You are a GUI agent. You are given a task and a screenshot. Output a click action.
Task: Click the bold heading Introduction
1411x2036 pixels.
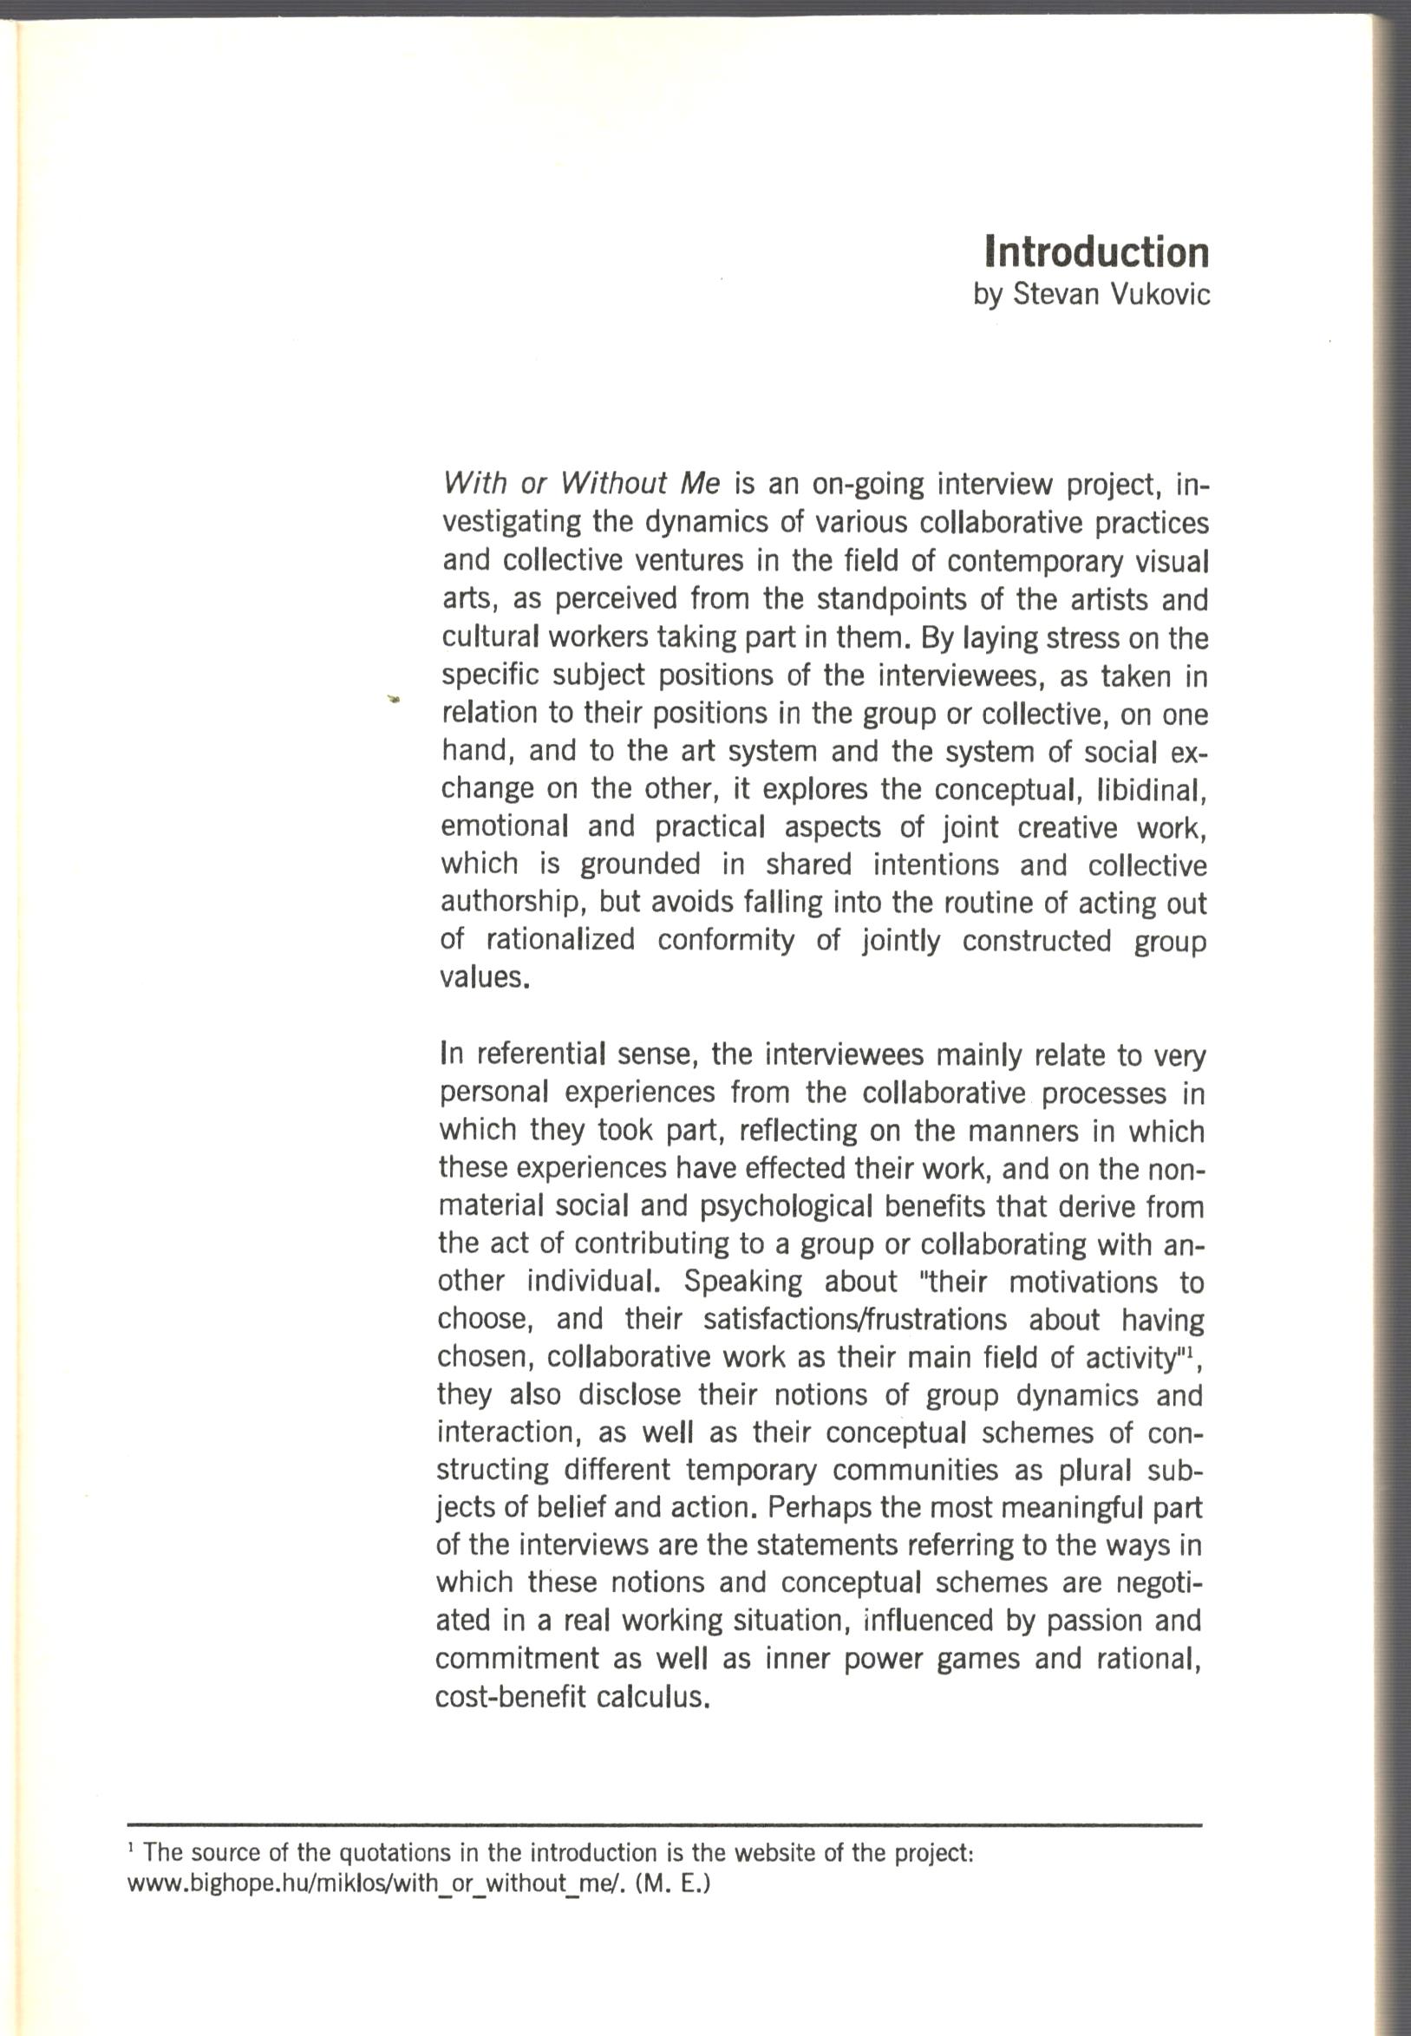(x=1096, y=252)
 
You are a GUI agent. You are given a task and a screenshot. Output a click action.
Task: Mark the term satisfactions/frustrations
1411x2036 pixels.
(x=855, y=1320)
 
